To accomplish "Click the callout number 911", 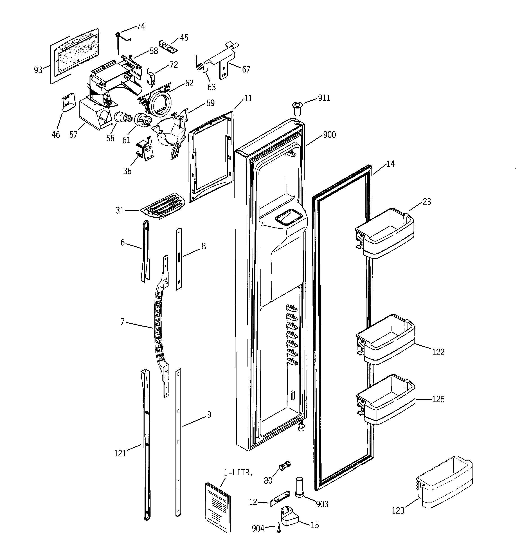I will [x=324, y=98].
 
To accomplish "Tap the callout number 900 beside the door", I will [x=329, y=135].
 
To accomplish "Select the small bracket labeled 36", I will [x=145, y=149].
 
